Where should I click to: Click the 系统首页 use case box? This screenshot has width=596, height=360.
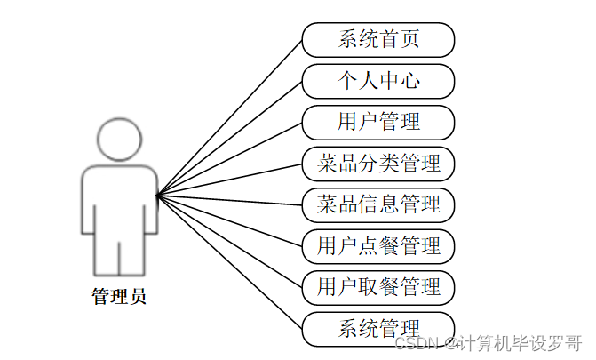point(378,40)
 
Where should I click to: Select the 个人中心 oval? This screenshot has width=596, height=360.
point(378,81)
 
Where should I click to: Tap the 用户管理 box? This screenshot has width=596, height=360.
point(378,122)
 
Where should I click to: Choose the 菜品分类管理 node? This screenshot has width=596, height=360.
point(378,164)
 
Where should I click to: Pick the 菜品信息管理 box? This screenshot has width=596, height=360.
point(378,204)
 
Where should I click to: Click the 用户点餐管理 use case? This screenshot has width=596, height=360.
point(378,245)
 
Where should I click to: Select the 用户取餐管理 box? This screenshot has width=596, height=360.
point(378,287)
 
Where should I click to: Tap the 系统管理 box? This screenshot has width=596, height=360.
point(378,328)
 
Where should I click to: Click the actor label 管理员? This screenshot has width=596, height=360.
point(119,297)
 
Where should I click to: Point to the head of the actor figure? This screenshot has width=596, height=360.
point(119,140)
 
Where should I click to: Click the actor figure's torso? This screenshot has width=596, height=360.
point(119,200)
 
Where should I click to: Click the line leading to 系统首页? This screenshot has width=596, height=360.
point(229,117)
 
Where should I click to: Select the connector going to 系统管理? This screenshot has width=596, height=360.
point(229,261)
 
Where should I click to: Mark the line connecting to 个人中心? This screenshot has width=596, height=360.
point(229,138)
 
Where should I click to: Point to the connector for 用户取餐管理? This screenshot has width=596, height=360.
point(229,241)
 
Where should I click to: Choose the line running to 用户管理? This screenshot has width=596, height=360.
point(229,158)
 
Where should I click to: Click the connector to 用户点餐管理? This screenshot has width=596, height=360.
point(229,220)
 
